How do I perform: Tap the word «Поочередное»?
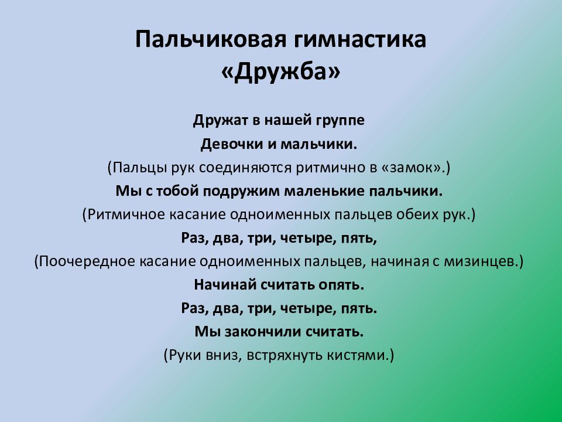coord(77,261)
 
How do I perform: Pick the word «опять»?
coord(342,285)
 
